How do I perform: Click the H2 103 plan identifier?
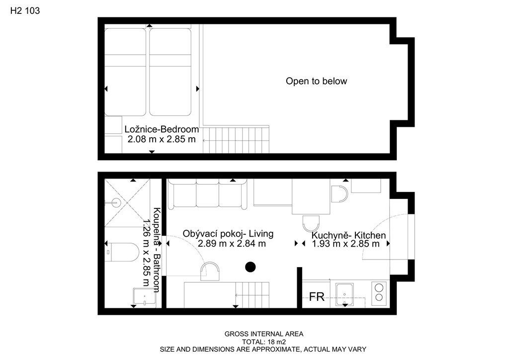pyautogui.click(x=25, y=11)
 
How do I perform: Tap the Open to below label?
pyautogui.click(x=316, y=81)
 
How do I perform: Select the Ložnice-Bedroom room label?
pyautogui.click(x=162, y=129)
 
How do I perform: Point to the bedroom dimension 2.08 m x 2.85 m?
pyautogui.click(x=162, y=139)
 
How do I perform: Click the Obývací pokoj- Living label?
pyautogui.click(x=228, y=234)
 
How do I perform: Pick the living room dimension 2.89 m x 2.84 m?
pyautogui.click(x=232, y=244)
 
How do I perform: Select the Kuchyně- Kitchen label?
pyautogui.click(x=348, y=235)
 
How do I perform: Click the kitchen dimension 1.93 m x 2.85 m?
pyautogui.click(x=346, y=244)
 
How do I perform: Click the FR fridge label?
pyautogui.click(x=317, y=297)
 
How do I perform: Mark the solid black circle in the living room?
pyautogui.click(x=251, y=267)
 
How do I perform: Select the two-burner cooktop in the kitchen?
pyautogui.click(x=378, y=293)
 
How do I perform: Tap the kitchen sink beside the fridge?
pyautogui.click(x=344, y=294)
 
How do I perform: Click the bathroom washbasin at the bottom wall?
pyautogui.click(x=145, y=297)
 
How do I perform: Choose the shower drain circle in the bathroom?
pyautogui.click(x=115, y=203)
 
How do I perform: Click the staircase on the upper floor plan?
pyautogui.click(x=236, y=140)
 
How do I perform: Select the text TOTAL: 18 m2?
pyautogui.click(x=264, y=342)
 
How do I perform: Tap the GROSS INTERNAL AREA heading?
pyautogui.click(x=264, y=334)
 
